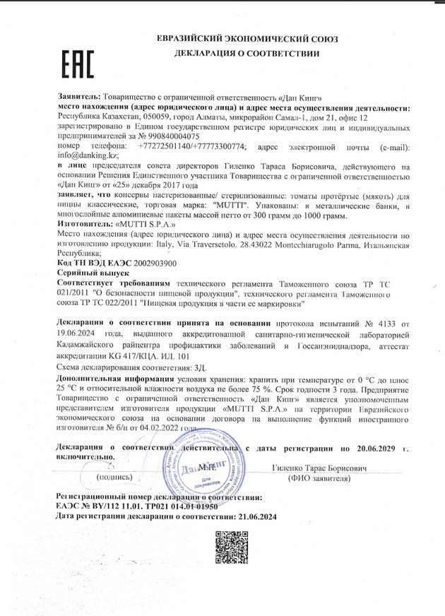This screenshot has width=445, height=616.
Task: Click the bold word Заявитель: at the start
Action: point(78,95)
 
